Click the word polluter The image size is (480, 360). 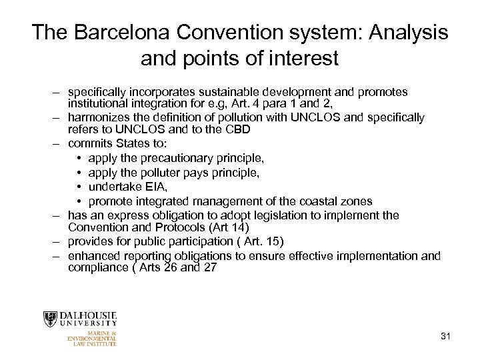click(x=169, y=173)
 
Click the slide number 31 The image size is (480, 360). click(x=445, y=335)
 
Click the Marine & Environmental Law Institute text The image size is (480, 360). click(x=93, y=338)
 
